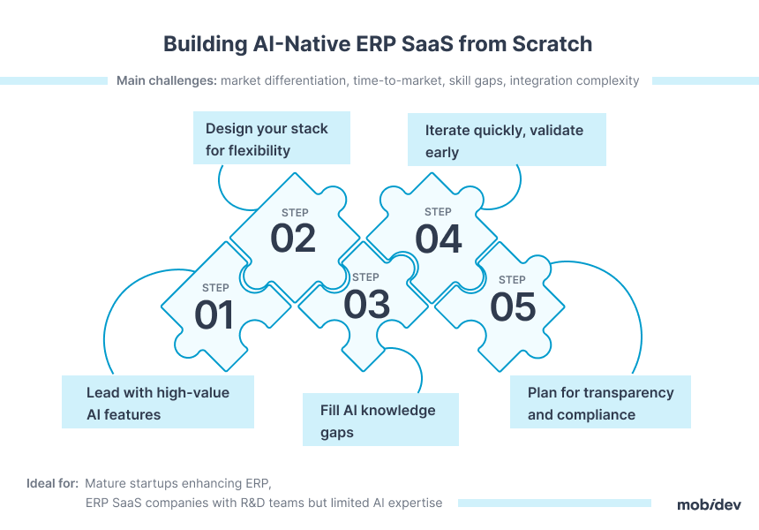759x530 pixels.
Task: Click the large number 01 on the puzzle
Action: [214, 314]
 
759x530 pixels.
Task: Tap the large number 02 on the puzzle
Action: [293, 238]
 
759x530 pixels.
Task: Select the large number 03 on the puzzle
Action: [366, 304]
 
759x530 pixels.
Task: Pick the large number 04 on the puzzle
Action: [438, 238]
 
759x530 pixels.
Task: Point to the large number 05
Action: [513, 307]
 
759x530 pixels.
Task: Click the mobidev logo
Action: [709, 504]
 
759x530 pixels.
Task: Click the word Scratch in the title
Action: [552, 44]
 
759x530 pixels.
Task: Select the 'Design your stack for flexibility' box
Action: [272, 138]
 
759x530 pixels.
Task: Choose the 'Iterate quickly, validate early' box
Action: [507, 140]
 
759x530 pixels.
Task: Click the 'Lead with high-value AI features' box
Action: [158, 402]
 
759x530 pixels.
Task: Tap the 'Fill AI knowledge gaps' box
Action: [380, 420]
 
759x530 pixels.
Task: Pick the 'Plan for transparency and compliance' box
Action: [600, 402]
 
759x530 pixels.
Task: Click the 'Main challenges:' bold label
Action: [167, 80]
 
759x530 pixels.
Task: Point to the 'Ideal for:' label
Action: [52, 483]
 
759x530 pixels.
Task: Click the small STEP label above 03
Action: [365, 277]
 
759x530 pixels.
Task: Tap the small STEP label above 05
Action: [512, 279]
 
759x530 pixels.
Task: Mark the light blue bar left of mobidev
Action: [554, 503]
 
